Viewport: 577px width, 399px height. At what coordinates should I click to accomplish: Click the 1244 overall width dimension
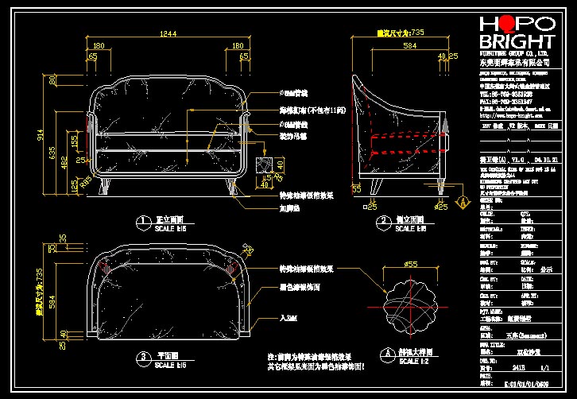click(168, 33)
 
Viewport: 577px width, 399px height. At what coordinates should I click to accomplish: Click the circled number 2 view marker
click(383, 221)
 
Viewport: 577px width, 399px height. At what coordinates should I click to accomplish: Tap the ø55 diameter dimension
click(411, 263)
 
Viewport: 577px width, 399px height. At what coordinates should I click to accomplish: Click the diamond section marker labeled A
click(460, 203)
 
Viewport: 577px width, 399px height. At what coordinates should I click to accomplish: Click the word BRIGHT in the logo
click(517, 42)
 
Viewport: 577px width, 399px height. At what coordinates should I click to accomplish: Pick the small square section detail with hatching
click(266, 165)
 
